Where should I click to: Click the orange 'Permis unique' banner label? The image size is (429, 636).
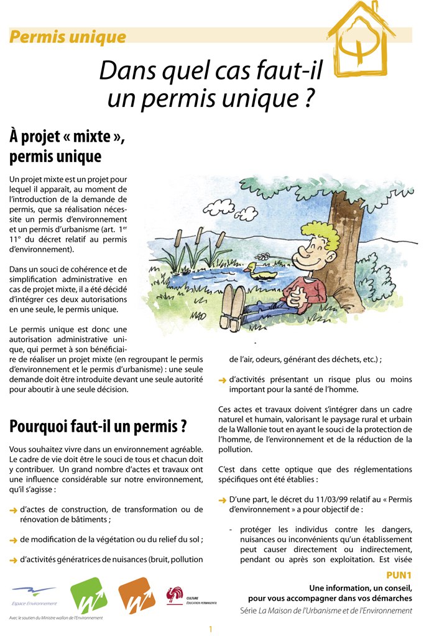(68, 37)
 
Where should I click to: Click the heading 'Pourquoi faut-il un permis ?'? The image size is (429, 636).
(98, 427)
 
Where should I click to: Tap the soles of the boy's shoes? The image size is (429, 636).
(233, 306)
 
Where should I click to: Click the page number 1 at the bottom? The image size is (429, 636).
(211, 629)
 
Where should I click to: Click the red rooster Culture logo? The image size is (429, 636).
(175, 596)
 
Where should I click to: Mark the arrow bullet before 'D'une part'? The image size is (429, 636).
(222, 500)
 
